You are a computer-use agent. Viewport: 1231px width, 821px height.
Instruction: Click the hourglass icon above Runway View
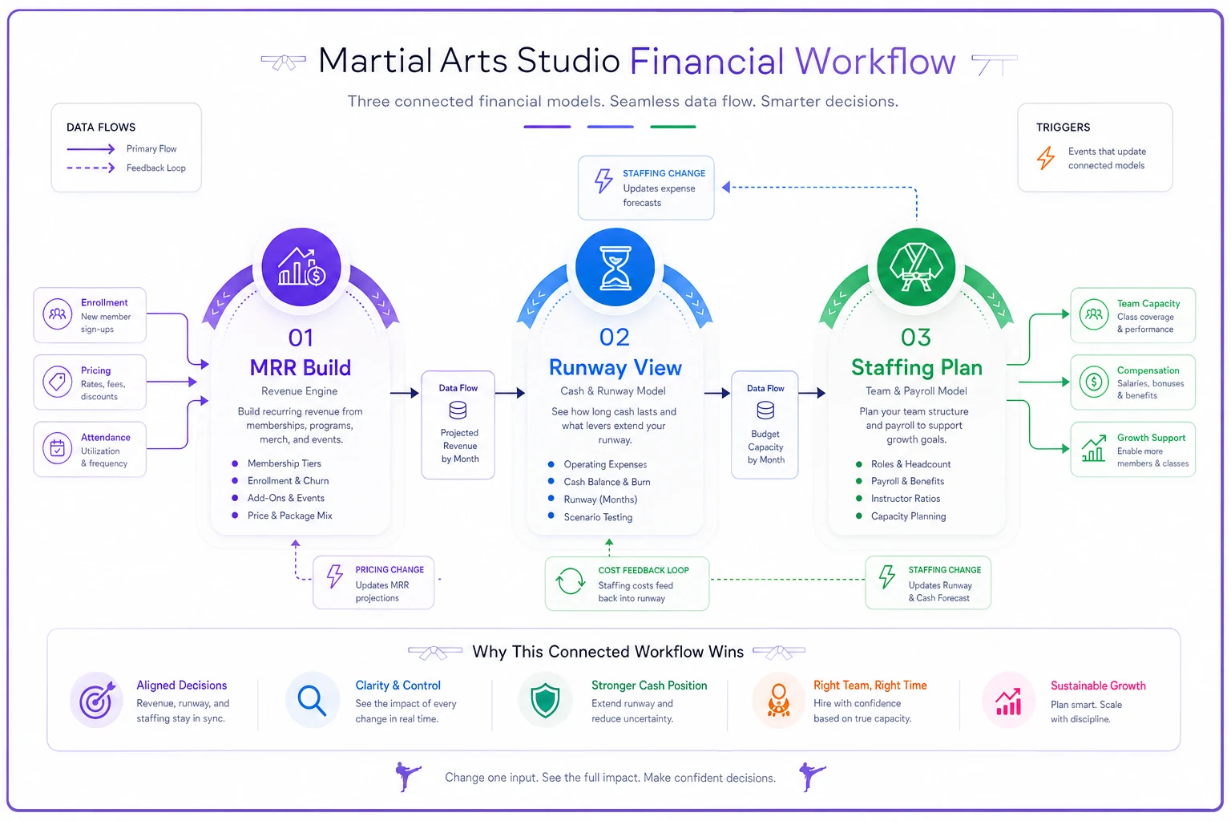coord(615,268)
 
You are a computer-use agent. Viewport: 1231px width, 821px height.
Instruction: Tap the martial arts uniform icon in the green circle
coord(916,268)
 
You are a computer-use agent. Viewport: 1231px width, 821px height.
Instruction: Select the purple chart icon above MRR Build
coord(301,267)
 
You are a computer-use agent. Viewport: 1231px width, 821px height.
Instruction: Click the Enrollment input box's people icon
coord(57,314)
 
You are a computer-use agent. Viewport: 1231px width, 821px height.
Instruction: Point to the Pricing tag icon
coord(57,381)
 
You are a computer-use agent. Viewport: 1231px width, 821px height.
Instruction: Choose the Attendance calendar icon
coord(57,449)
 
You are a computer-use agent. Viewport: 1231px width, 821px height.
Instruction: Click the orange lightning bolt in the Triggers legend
coord(1046,158)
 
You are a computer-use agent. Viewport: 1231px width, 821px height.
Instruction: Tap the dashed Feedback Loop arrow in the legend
coord(91,168)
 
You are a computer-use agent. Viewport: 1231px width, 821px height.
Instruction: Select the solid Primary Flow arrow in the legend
coord(91,148)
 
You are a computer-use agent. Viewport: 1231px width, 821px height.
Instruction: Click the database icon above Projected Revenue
coord(458,410)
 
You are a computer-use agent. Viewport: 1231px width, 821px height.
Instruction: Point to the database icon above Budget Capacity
coord(765,410)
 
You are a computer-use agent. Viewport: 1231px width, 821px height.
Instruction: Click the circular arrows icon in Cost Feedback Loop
coord(571,581)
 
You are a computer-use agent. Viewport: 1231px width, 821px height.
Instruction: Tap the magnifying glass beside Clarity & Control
coord(312,701)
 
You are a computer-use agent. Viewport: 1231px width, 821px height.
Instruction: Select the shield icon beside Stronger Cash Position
coord(545,700)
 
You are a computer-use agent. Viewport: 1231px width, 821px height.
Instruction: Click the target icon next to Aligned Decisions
coord(97,700)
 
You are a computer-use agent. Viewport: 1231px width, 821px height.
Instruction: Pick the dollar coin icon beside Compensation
coord(1094,381)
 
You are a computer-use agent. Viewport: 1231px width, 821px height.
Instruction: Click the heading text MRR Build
coord(300,367)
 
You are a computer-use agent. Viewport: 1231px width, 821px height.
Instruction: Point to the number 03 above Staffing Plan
coord(915,338)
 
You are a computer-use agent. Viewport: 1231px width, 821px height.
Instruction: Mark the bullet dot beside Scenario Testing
coord(551,516)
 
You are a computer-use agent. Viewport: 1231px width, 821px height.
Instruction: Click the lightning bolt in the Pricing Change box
coord(335,576)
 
